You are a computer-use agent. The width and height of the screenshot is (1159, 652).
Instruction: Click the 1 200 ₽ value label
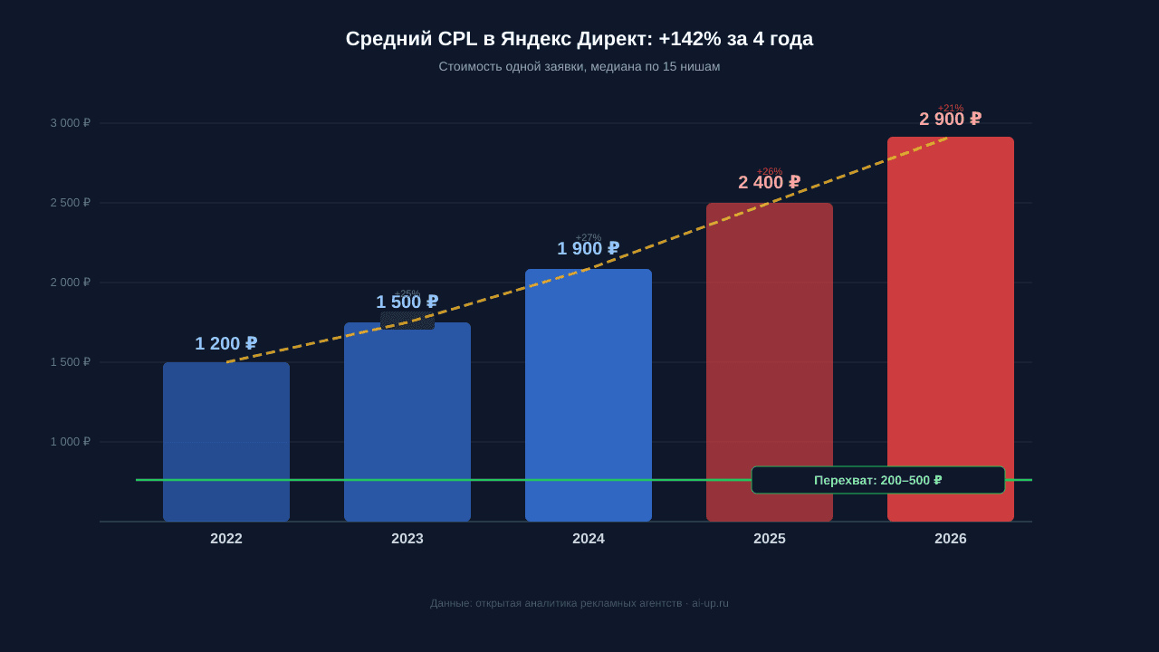225,344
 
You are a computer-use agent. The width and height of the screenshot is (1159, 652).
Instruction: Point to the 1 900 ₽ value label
588,249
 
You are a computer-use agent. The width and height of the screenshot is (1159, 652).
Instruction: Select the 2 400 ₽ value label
769,183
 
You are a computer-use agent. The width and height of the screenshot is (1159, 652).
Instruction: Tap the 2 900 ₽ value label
950,120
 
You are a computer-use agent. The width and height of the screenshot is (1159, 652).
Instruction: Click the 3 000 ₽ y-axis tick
71,123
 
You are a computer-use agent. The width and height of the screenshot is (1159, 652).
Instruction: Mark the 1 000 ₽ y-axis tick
71,442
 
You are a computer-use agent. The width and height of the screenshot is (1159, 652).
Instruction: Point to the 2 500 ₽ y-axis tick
71,203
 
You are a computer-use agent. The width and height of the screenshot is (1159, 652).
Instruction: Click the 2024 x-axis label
589,539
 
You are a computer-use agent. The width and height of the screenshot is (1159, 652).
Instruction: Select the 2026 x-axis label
951,539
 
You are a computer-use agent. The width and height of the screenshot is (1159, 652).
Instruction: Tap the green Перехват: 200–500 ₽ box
877,480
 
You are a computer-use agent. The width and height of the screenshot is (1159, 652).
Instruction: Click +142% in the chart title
690,39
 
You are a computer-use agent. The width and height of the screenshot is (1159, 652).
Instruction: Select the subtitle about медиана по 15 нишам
579,66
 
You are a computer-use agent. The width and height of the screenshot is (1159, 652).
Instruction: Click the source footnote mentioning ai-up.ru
579,603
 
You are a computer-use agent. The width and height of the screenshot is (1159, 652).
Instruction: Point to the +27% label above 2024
589,237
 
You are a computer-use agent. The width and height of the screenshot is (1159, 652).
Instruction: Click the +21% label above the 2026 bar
951,108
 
